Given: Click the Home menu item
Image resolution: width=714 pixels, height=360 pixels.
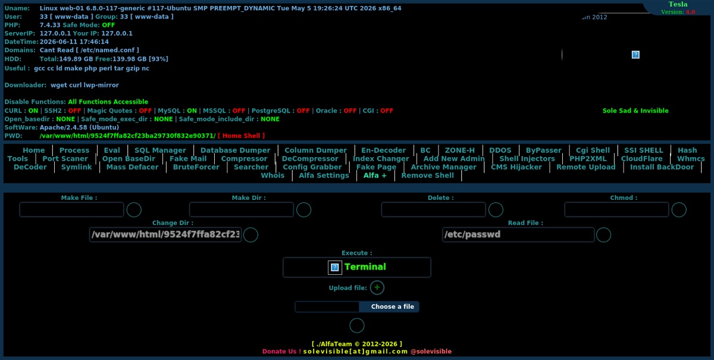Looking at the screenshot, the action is (x=33, y=150).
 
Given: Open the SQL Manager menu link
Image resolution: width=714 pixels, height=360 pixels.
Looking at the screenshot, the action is (x=160, y=150).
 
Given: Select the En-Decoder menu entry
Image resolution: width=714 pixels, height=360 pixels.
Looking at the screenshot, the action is (x=383, y=150).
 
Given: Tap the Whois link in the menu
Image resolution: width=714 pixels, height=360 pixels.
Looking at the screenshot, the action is (x=273, y=176).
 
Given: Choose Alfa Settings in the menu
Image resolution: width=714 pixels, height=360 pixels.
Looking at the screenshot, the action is (x=324, y=176).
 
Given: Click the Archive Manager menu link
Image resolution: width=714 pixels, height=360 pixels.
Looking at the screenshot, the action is (x=443, y=167).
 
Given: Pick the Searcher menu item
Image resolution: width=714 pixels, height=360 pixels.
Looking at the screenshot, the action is (x=251, y=167).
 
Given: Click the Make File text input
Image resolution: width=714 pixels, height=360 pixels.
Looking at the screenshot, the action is (x=71, y=210).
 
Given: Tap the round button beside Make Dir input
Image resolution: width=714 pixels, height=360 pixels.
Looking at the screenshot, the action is (x=303, y=210).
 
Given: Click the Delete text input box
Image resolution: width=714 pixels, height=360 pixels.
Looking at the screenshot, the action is (x=433, y=210).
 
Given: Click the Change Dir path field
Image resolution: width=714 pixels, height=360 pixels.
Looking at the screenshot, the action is (x=165, y=234).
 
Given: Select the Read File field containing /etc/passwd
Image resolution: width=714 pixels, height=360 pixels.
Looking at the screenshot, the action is (x=518, y=234).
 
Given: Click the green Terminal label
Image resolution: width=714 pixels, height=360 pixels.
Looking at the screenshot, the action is (x=365, y=267).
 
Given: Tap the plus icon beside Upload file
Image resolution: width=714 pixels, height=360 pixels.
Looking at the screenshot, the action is (x=377, y=287).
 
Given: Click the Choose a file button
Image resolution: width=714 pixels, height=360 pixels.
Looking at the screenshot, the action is (x=392, y=307).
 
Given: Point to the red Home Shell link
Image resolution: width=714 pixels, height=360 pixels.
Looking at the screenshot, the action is (x=241, y=136).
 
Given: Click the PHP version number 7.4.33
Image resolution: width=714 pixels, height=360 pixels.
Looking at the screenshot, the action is (x=50, y=25).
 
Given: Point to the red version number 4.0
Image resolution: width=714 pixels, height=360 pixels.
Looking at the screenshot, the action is (x=690, y=12).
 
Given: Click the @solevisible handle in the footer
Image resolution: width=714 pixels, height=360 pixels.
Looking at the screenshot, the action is (x=431, y=352).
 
